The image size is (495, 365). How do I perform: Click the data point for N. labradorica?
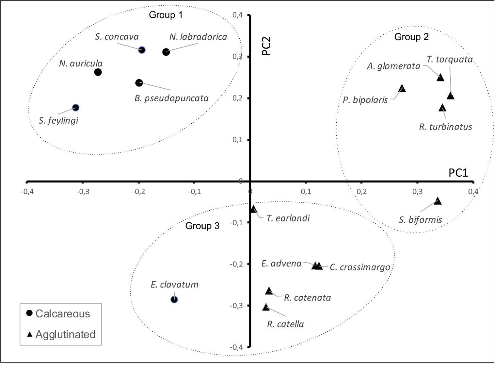[x=166, y=52]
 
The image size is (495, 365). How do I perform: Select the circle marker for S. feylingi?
[x=75, y=108]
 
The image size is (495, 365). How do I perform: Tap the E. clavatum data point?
[x=174, y=299]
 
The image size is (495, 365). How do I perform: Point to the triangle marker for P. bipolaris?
[x=402, y=89]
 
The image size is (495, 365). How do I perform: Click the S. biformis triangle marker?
[x=438, y=201]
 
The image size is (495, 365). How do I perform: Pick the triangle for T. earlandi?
[x=253, y=209]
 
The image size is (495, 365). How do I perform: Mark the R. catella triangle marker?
[x=266, y=307]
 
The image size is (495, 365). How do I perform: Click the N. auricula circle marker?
[x=98, y=72]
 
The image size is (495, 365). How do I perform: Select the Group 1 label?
[x=166, y=15]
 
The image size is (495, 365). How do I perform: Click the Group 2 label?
[x=411, y=37]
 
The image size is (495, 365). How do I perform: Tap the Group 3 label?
[x=202, y=226]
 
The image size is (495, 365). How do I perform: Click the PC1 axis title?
[x=458, y=173]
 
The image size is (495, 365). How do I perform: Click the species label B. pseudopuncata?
[x=171, y=98]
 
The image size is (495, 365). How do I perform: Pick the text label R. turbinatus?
[x=445, y=127]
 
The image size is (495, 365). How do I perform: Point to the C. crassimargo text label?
[x=360, y=267]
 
